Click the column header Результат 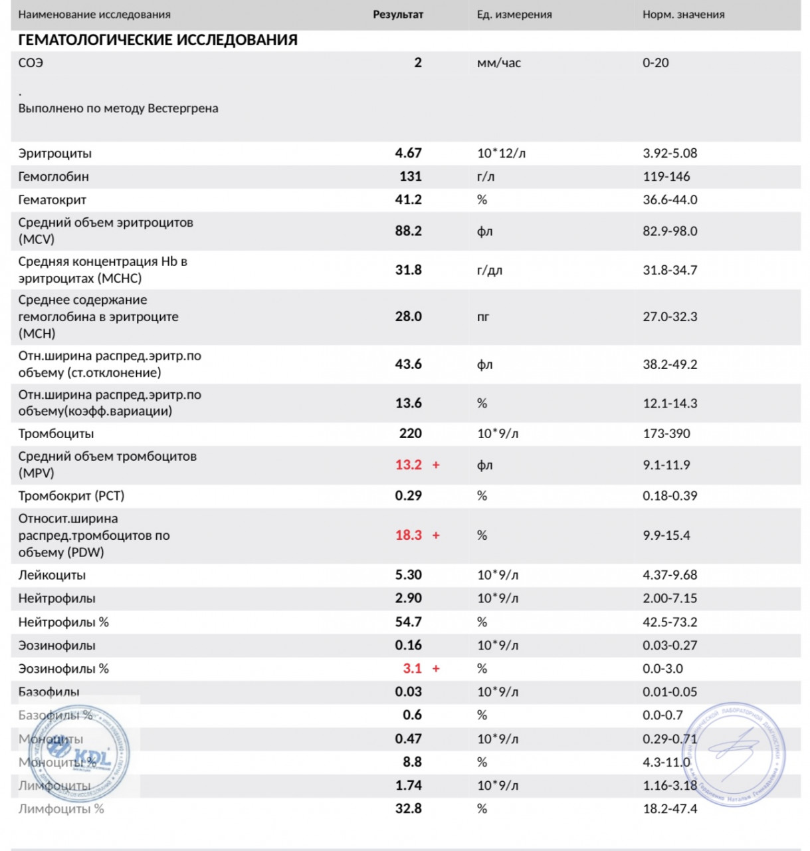397,15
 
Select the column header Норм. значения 683,15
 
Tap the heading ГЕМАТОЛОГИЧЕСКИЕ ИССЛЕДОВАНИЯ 157,40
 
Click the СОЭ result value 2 417,62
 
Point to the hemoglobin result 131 410,176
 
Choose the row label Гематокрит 52,199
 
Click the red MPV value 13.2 408,465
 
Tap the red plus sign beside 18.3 436,535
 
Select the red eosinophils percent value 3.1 412,668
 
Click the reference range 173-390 666,433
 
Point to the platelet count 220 410,433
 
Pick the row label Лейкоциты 52,575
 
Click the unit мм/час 498,63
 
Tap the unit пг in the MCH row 483,317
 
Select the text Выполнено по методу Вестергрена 118,108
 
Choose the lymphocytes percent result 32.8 408,808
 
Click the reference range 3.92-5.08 670,153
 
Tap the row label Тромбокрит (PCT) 71,496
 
